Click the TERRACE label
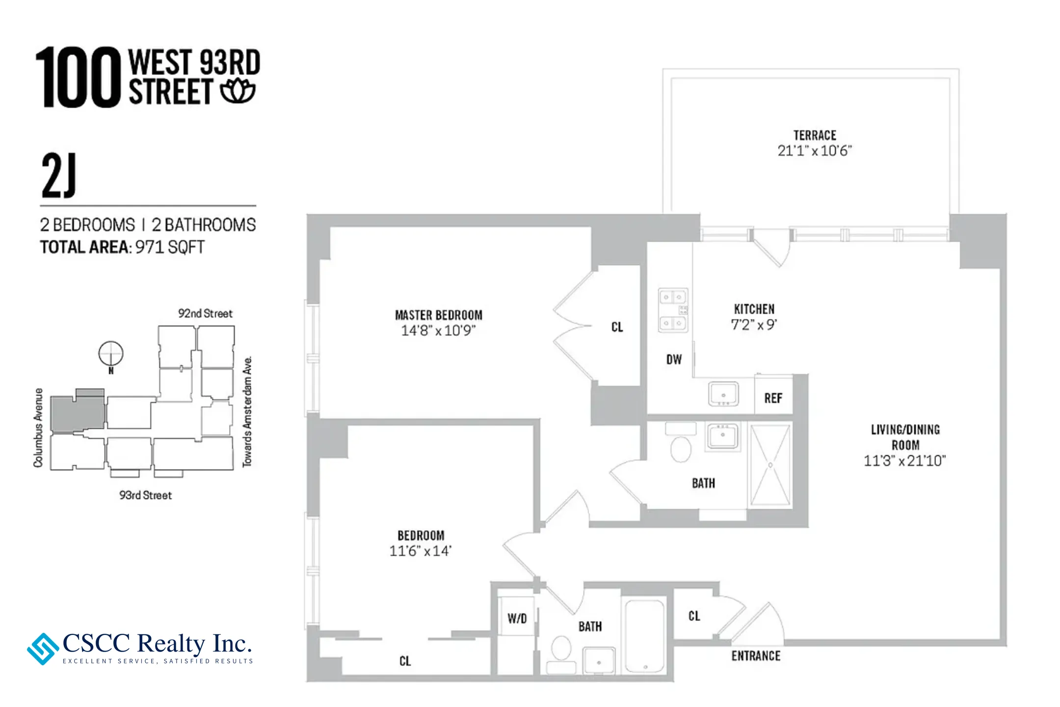point(815,135)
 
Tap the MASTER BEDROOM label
point(439,315)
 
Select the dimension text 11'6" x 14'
point(420,551)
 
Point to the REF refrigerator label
point(773,398)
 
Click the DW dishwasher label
point(674,359)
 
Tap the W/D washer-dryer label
point(517,618)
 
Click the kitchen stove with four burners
point(673,310)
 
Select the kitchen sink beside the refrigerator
point(723,394)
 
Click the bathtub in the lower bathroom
point(644,635)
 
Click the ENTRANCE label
point(756,656)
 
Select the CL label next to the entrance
point(694,616)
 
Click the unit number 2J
point(59,175)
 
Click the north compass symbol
point(111,353)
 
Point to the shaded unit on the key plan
point(78,413)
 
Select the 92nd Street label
point(205,313)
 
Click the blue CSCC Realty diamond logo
point(43,649)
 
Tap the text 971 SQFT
point(170,247)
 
